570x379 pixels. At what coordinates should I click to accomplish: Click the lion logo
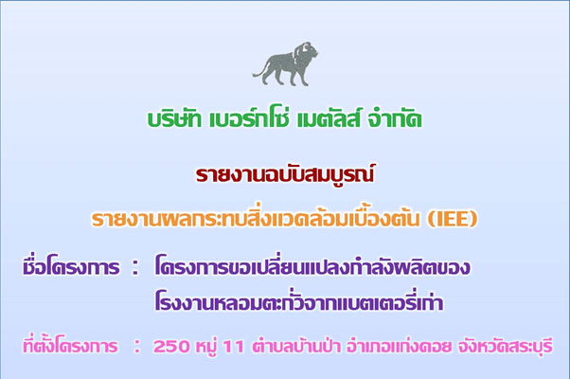click(285, 64)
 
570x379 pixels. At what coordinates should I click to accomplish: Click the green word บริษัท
click(174, 118)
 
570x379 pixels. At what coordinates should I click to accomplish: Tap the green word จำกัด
click(395, 118)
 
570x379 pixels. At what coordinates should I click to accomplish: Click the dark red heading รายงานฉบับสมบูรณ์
click(285, 175)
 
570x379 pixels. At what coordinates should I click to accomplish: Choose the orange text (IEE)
click(452, 219)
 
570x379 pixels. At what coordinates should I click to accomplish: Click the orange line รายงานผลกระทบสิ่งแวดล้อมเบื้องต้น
click(256, 219)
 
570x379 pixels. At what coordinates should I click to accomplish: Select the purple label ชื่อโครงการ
click(71, 266)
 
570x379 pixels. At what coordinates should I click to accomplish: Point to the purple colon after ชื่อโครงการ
click(135, 268)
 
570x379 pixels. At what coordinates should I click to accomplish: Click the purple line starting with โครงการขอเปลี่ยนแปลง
click(312, 266)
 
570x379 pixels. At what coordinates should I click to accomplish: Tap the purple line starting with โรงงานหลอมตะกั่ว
click(299, 301)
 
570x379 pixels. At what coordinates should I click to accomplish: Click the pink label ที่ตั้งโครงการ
click(70, 345)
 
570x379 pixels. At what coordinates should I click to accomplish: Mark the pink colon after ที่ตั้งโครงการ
click(136, 346)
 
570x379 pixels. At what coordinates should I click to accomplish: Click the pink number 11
click(233, 346)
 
